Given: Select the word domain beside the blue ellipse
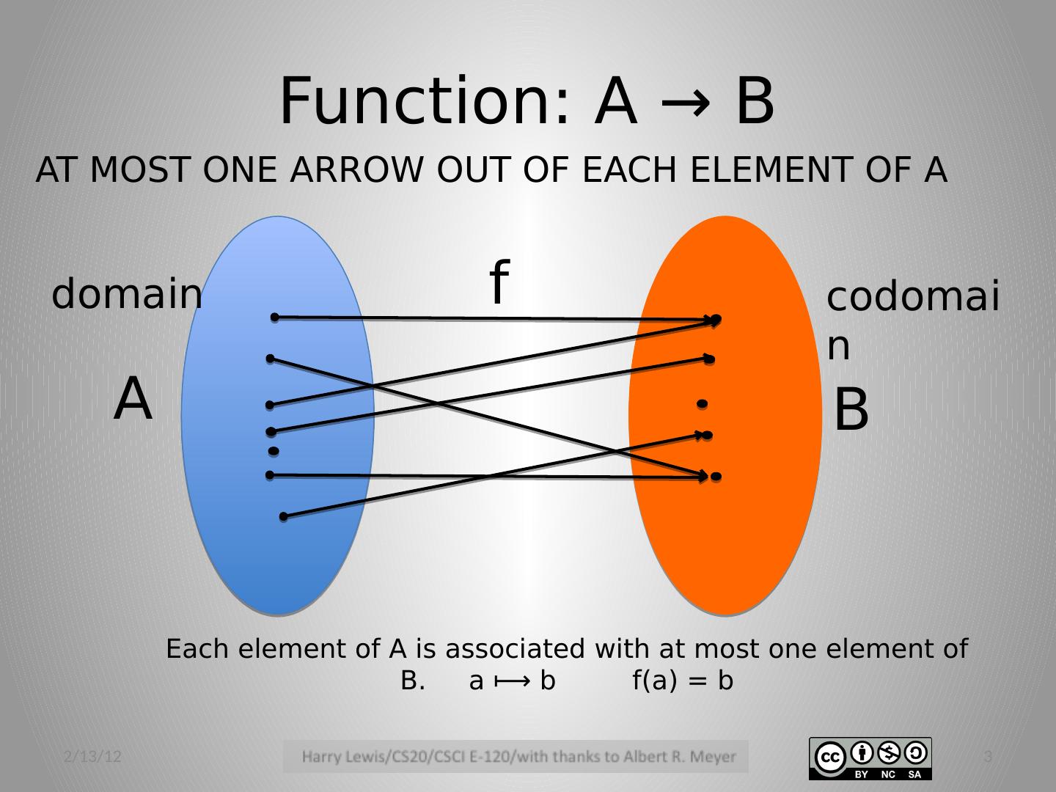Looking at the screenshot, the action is click(x=126, y=295).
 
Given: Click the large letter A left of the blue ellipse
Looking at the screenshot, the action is click(x=133, y=400).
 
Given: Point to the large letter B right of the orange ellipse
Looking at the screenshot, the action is click(x=851, y=410).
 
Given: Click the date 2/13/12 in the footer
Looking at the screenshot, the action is click(x=92, y=757).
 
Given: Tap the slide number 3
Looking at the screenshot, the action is click(x=987, y=757).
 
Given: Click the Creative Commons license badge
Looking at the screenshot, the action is click(x=870, y=758).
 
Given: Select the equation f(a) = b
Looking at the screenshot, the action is click(x=683, y=681).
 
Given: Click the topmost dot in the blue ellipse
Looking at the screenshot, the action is click(x=274, y=318).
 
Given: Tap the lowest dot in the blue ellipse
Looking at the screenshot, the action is click(x=284, y=517).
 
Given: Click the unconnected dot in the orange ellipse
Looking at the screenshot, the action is click(x=702, y=403).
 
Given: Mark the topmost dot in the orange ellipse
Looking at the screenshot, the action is click(x=716, y=319).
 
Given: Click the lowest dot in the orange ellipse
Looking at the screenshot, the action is click(x=716, y=477).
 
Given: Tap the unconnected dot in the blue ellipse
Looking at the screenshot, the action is click(x=273, y=451).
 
